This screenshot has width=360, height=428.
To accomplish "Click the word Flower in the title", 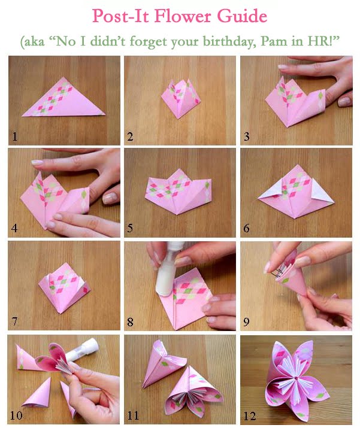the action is (183, 16).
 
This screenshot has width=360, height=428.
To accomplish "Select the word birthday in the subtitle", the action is (229, 41).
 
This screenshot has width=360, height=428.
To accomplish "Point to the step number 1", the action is (15, 136).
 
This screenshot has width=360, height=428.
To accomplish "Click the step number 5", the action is (131, 227).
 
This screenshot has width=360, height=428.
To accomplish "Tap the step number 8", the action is (131, 321).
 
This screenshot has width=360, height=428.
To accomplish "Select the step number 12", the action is (250, 415).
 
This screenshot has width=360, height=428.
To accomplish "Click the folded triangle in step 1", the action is (63, 99).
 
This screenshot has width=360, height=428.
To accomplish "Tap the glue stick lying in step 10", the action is (81, 350).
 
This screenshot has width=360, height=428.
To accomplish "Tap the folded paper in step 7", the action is (65, 289).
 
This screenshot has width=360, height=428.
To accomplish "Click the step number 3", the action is (247, 136).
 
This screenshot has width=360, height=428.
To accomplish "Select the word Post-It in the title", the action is (120, 16).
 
